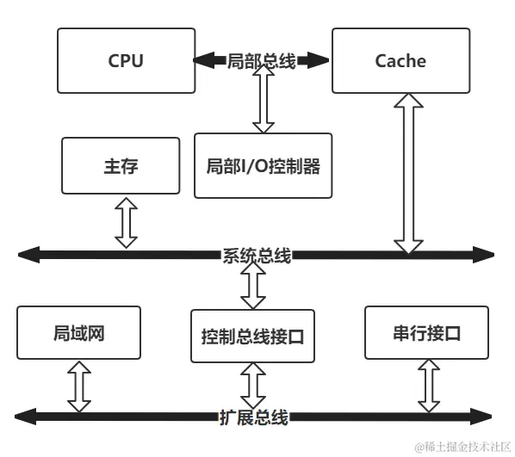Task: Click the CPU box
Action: (x=126, y=60)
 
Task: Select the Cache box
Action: (x=400, y=60)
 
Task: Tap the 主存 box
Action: (x=121, y=166)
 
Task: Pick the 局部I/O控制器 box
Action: (x=263, y=166)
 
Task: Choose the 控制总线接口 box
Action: (x=252, y=336)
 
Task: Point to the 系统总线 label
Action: (x=257, y=256)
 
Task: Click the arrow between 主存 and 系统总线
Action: (x=127, y=222)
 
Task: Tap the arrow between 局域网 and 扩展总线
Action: (x=79, y=386)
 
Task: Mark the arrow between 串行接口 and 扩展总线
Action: (x=428, y=386)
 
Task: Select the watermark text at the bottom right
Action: (x=461, y=447)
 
